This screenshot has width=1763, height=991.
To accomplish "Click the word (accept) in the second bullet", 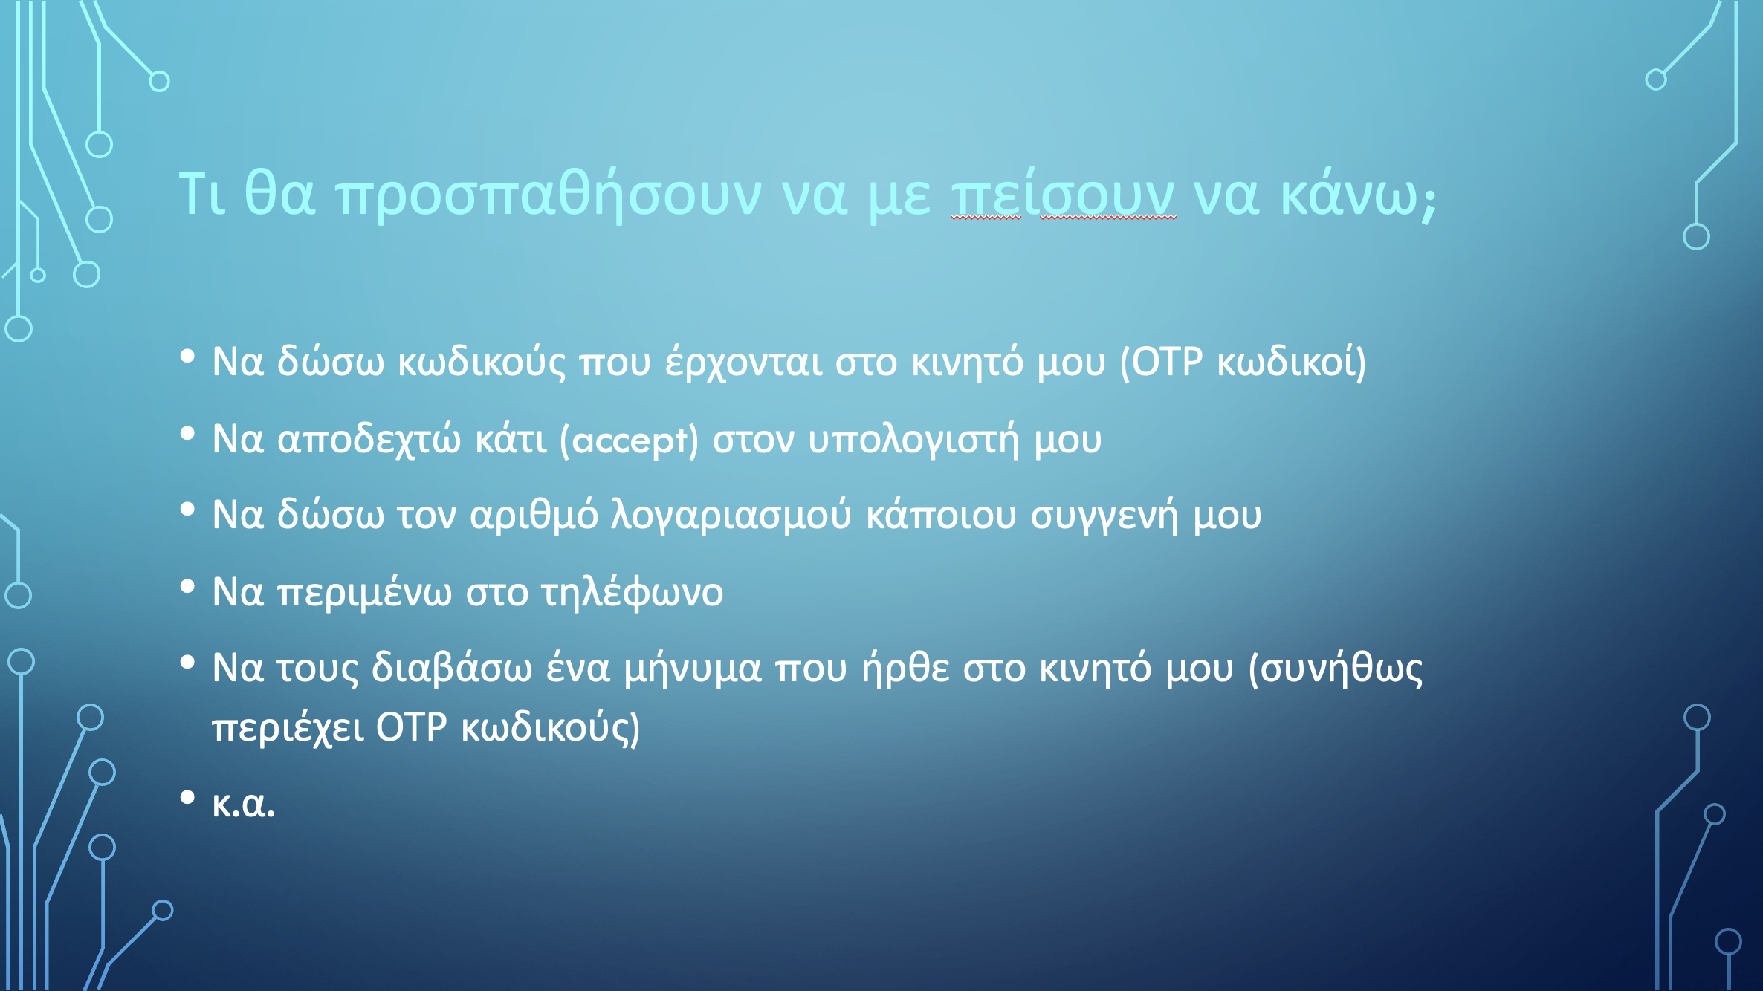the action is pos(629,441).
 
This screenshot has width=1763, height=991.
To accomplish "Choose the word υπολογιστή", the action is pos(913,440).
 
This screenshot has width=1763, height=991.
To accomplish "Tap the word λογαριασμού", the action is pos(731,515).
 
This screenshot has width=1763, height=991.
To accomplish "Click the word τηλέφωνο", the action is pos(632,592).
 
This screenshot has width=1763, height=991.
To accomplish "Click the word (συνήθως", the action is pos(1336,669).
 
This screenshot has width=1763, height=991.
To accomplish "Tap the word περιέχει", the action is pos(288,728).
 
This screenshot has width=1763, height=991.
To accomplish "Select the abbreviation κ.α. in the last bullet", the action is pos(243,804).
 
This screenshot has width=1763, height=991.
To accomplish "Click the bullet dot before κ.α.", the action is pos(187,797).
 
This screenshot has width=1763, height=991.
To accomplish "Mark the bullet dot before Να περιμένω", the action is pos(187,586).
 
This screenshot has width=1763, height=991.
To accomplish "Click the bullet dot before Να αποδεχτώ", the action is pos(187,432).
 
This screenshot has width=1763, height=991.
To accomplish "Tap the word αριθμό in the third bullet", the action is pos(534,515).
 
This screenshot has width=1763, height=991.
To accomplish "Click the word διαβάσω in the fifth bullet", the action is pos(452,667).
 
